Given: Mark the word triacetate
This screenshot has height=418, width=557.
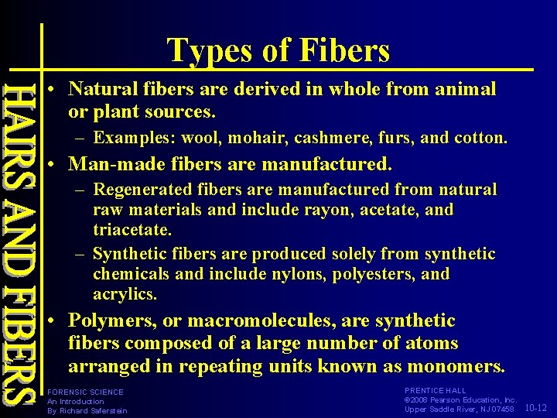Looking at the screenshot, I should (x=131, y=230).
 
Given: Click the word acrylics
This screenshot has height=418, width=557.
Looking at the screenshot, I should (x=124, y=294).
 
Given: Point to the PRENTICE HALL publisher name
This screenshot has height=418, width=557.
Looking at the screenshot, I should (x=436, y=391).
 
